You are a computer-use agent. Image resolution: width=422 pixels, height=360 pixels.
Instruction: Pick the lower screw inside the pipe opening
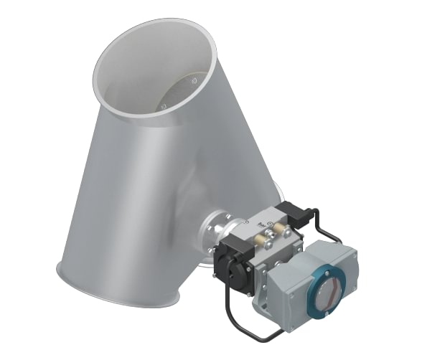(164, 107)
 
